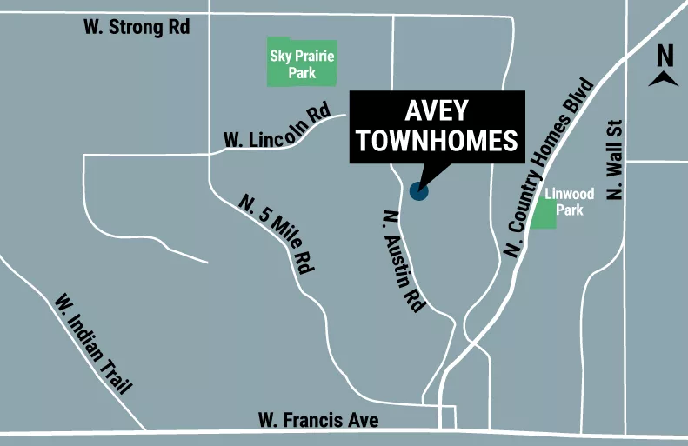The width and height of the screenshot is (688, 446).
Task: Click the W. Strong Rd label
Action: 137,27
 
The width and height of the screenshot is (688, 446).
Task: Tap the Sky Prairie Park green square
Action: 302,63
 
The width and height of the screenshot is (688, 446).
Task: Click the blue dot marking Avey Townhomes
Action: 419,190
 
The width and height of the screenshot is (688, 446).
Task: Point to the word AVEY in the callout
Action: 437,111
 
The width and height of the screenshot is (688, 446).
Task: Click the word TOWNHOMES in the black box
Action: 437,142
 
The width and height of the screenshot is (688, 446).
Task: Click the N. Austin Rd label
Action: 404,261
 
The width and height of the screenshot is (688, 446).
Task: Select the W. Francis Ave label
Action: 318,420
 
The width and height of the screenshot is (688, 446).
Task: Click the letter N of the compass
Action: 665,56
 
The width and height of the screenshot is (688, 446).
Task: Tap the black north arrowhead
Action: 665,79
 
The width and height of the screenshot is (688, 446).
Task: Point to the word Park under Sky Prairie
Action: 302,73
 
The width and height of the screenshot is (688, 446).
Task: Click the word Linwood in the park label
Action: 569,194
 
